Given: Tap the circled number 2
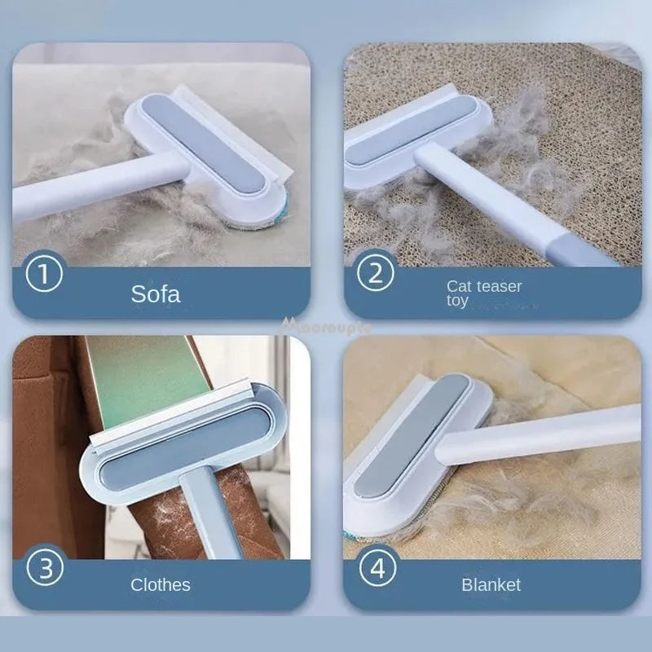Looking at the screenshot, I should point(375,273).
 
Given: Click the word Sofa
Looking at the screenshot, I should point(156,293).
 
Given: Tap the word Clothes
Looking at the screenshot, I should point(161,584).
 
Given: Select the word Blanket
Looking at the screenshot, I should point(491,584).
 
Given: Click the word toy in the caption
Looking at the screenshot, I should point(457,301).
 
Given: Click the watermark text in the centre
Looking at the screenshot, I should point(326,326).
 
